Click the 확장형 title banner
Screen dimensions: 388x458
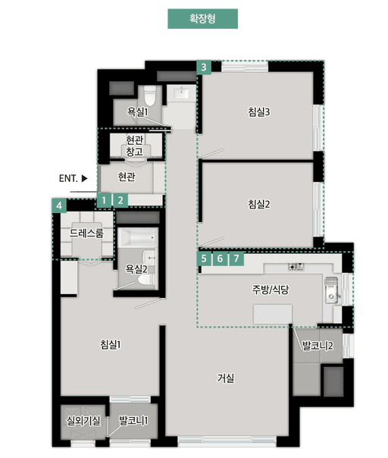coord(202,19)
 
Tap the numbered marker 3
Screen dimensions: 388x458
coord(204,67)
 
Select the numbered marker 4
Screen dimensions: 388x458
coord(59,205)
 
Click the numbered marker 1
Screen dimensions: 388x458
coord(104,200)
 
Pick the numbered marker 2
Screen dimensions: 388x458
coord(120,200)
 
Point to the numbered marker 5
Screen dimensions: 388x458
coord(204,259)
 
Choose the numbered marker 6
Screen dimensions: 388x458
coord(220,259)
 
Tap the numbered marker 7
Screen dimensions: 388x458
coord(236,259)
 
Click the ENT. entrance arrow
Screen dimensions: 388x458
coord(84,178)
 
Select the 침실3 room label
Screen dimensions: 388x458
coord(259,112)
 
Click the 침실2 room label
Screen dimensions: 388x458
coord(259,204)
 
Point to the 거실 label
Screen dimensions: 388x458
coord(226,378)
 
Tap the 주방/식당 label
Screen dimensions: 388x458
coord(271,290)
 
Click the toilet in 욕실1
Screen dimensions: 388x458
coord(150,96)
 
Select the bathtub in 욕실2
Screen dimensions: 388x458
coord(138,238)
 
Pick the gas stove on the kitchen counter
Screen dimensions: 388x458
coord(296,266)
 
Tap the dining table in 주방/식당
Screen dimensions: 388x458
coord(273,314)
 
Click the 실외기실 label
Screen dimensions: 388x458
coord(83,421)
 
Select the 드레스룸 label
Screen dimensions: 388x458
coord(86,233)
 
